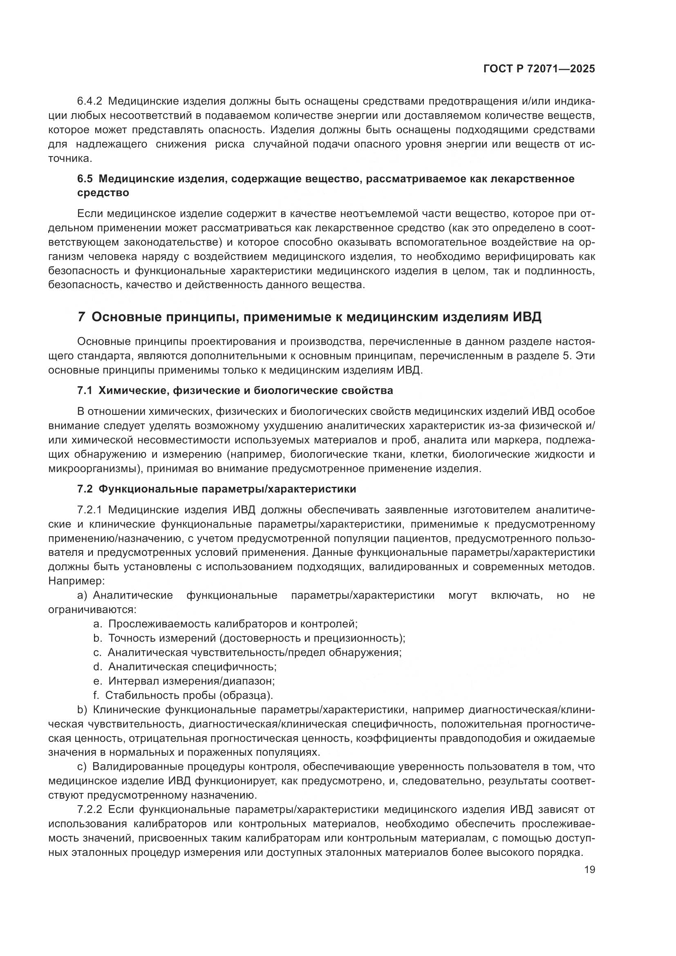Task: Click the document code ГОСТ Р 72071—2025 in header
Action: [539, 69]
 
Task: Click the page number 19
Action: [589, 869]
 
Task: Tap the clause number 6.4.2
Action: [90, 101]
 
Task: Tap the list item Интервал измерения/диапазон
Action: [191, 681]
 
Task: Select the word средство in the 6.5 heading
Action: [103, 193]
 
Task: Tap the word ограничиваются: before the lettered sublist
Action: [92, 609]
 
